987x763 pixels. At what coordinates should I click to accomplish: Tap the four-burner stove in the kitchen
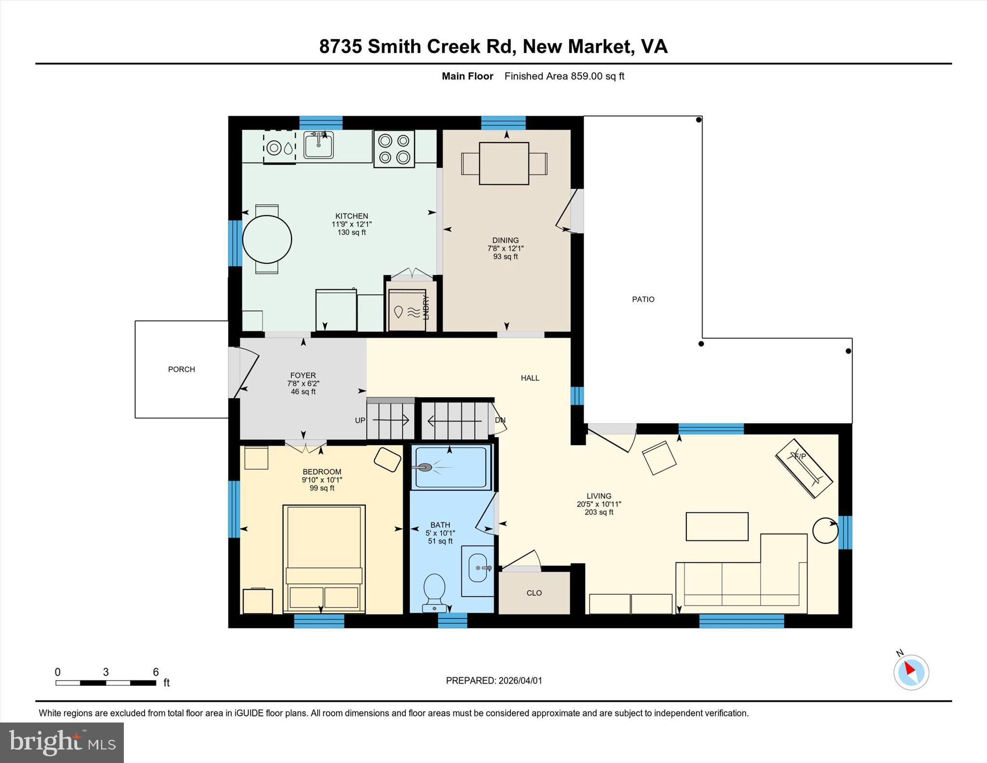(x=394, y=149)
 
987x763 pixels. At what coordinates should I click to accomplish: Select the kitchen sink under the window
(x=318, y=145)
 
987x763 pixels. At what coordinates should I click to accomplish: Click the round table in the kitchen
(x=267, y=239)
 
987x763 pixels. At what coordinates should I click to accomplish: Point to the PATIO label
(x=643, y=299)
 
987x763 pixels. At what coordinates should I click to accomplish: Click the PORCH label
(x=181, y=369)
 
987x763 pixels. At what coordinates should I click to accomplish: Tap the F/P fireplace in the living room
(x=803, y=468)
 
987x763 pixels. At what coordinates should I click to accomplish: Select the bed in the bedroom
(x=324, y=558)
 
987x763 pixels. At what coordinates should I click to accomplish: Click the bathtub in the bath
(x=451, y=467)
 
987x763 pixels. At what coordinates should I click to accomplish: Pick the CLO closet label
(x=534, y=593)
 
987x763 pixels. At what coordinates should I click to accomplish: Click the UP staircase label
(x=360, y=420)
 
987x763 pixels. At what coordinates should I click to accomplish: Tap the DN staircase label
(x=500, y=420)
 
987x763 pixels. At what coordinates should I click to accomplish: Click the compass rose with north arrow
(x=911, y=672)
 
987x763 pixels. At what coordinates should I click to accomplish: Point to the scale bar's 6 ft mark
(x=156, y=672)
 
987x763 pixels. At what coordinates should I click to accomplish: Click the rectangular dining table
(x=504, y=163)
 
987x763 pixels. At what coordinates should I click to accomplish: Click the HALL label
(x=530, y=378)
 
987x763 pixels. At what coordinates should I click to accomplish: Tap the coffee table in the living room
(x=717, y=526)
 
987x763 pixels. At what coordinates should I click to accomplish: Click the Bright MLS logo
(x=62, y=742)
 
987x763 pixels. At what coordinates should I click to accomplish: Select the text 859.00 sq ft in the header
(x=597, y=76)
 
